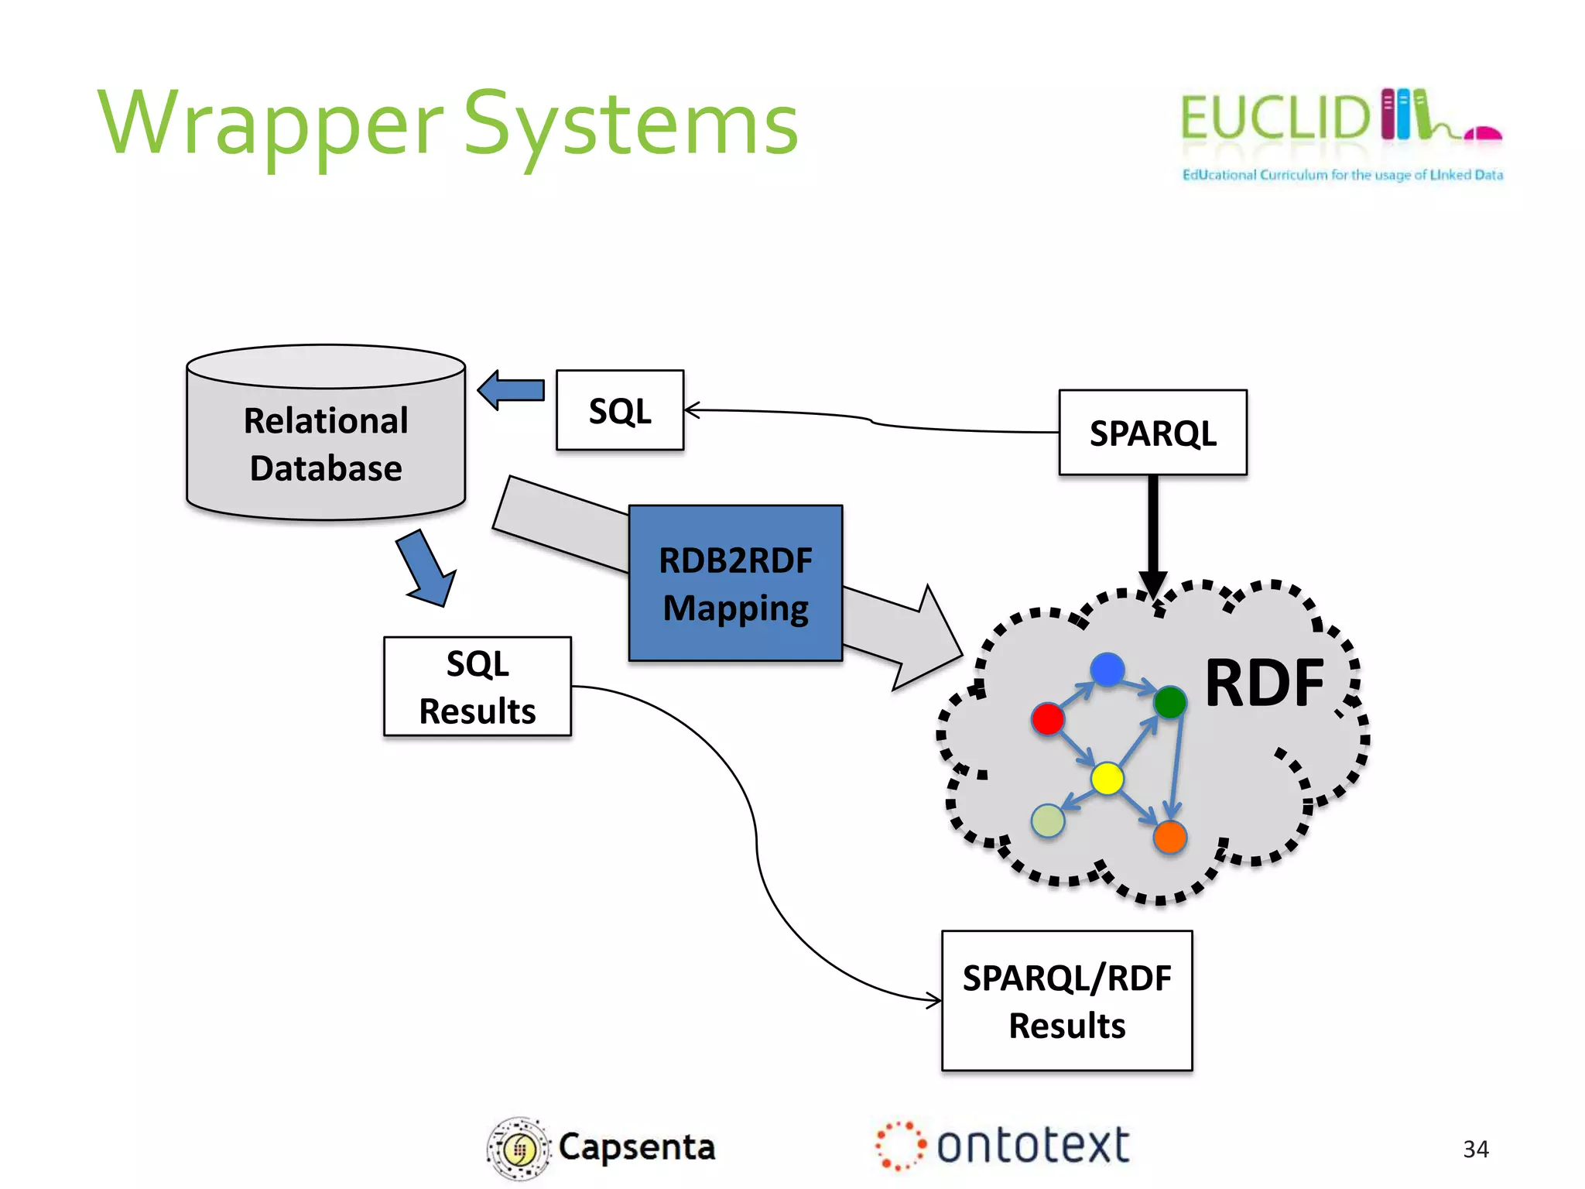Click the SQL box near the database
coord(620,410)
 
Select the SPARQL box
coord(1152,432)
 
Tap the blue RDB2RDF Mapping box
coord(735,583)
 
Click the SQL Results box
coord(478,687)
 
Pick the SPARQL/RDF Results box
coord(1066,1001)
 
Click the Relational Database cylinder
coord(326,444)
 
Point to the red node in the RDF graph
coord(1048,718)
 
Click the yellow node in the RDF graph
coord(1107,778)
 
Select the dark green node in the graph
coord(1169,702)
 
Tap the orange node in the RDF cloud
coord(1169,837)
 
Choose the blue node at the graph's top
coord(1107,669)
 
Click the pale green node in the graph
coord(1048,821)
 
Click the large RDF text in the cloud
coord(1265,683)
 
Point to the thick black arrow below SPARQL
coord(1152,534)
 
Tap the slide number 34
coord(1475,1149)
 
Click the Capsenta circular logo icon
coord(518,1149)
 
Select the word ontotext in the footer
coord(1032,1146)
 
